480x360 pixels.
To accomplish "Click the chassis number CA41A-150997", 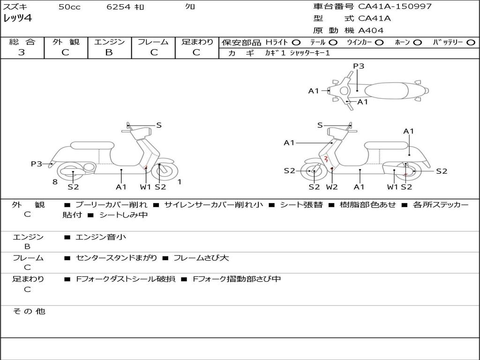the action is tap(395, 7).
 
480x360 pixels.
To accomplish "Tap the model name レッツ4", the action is tap(17, 19).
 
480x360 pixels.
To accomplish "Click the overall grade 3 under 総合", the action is tap(22, 52).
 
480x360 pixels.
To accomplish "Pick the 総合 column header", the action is tap(22, 42).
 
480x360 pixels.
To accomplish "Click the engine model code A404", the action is tap(371, 30).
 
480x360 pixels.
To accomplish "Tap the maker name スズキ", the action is tap(15, 7).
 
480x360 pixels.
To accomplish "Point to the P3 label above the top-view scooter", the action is tap(359, 66).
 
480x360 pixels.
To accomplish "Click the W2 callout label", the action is tap(332, 187).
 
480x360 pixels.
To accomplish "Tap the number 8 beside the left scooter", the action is tap(55, 182).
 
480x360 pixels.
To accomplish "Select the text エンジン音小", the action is tap(101, 237).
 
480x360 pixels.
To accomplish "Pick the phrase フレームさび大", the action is tap(201, 258).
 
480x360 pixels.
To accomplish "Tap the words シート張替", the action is tap(302, 205).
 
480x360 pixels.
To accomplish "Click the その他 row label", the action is tap(29, 311).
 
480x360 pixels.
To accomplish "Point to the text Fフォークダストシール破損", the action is tap(126, 279).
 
